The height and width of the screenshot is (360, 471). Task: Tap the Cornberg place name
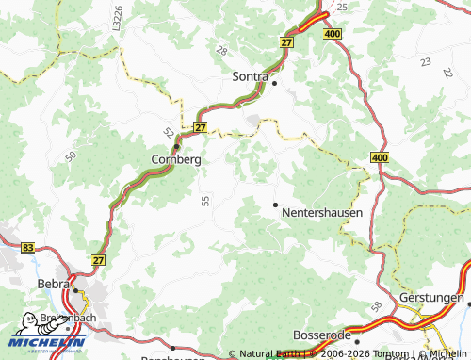175,160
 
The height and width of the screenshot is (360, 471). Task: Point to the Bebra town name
53,284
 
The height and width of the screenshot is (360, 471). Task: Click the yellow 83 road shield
27,247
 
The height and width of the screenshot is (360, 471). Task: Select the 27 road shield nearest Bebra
100,258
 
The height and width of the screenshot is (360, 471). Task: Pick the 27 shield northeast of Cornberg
200,126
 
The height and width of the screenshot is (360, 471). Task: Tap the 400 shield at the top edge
333,34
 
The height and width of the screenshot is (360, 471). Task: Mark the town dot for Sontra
274,82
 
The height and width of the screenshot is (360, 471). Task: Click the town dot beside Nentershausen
275,205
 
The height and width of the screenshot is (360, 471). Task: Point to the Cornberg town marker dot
176,146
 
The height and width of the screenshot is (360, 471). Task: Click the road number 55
205,200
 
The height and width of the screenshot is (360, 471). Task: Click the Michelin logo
46,332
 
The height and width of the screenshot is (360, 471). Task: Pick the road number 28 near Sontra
221,49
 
